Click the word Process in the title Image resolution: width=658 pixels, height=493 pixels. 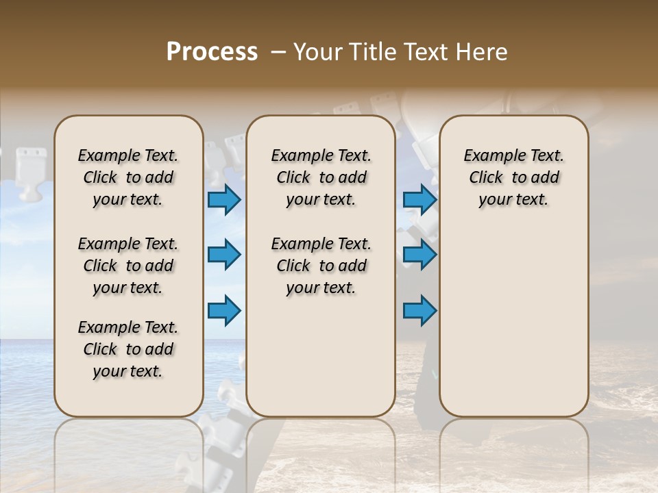click(x=212, y=52)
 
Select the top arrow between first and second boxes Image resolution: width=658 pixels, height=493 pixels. click(x=224, y=200)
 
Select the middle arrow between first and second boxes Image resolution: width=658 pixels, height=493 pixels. click(x=224, y=255)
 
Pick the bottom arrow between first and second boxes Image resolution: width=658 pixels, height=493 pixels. click(x=224, y=310)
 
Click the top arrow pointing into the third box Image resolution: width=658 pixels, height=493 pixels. click(x=419, y=200)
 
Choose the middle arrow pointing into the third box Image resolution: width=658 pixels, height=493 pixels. click(x=419, y=255)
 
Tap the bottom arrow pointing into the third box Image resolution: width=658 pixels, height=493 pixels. click(x=419, y=310)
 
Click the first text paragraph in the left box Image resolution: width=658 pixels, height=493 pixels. click(x=128, y=177)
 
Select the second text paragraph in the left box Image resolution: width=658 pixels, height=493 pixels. click(x=128, y=266)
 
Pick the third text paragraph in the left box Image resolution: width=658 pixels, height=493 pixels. click(x=128, y=349)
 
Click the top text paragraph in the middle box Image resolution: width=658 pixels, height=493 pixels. click(x=321, y=177)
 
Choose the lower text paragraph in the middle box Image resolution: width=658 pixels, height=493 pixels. click(x=321, y=266)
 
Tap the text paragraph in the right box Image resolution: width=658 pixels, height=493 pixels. click(x=513, y=177)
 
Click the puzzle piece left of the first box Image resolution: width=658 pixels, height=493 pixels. click(x=31, y=171)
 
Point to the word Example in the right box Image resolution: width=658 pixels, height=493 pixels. click(x=488, y=156)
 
